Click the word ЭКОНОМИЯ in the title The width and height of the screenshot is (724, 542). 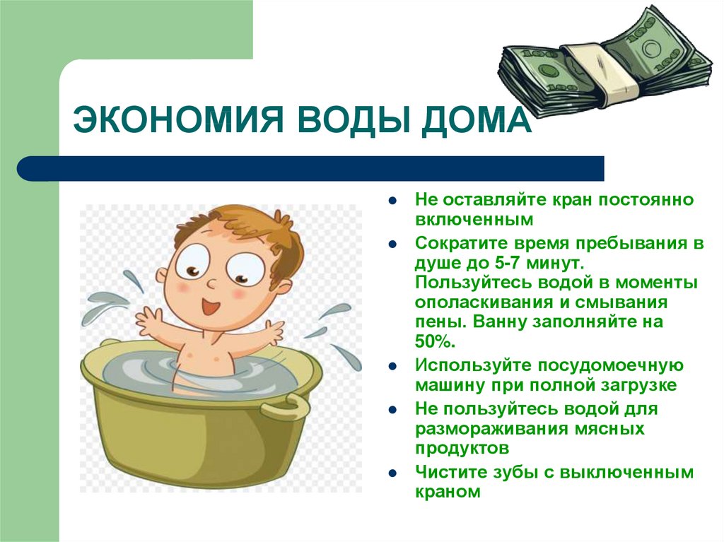click(x=177, y=119)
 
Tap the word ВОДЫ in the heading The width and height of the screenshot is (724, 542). click(x=351, y=120)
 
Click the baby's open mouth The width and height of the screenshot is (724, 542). click(x=211, y=305)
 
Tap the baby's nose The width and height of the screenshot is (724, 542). click(x=212, y=283)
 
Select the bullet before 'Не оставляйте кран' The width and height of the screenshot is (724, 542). click(x=392, y=201)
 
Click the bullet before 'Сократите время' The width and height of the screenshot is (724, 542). click(x=392, y=245)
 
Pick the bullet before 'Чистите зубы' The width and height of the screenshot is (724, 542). click(x=392, y=473)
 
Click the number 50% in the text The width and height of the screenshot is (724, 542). click(x=435, y=341)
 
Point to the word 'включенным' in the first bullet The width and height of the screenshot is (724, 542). click(x=474, y=219)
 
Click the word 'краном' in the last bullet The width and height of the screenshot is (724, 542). click(x=448, y=492)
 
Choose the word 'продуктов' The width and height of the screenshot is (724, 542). click(x=462, y=448)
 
